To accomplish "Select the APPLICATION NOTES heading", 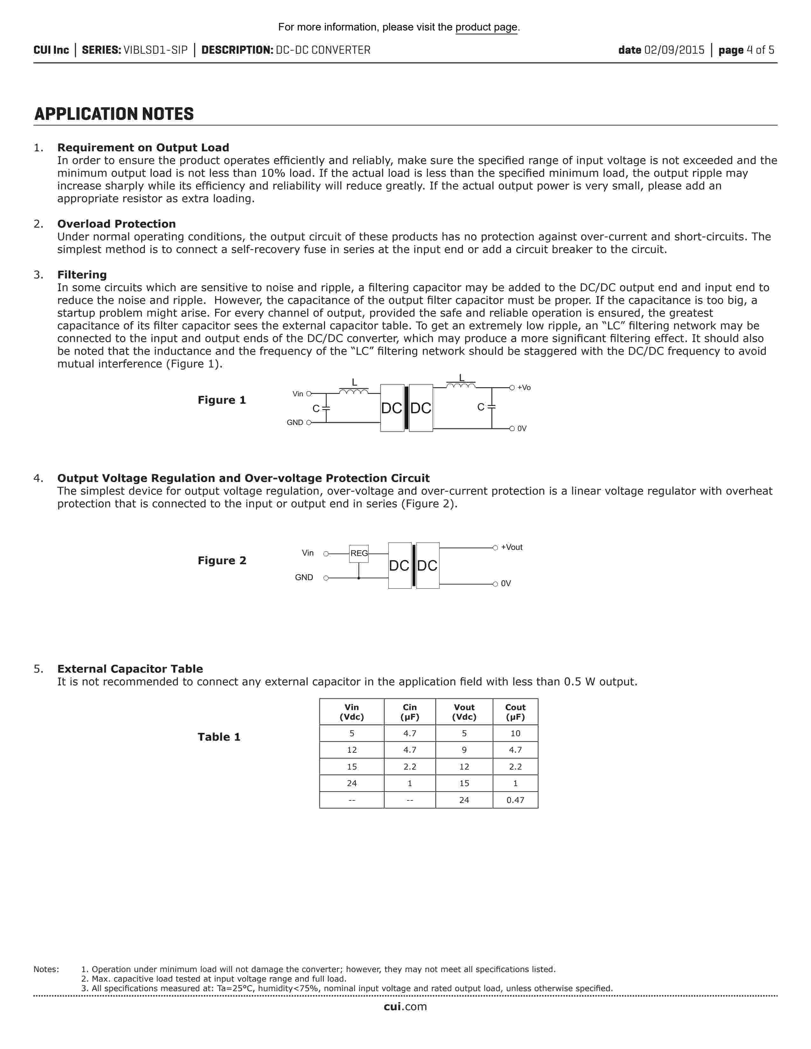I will (114, 114).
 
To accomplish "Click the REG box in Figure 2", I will (359, 553).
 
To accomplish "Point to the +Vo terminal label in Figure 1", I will (524, 387).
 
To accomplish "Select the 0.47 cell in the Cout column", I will (515, 800).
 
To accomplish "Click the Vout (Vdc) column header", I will (464, 712).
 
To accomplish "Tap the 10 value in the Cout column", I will (515, 733).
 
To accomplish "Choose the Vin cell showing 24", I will (352, 783).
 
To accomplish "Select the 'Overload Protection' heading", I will (116, 224).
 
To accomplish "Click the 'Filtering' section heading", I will (82, 275).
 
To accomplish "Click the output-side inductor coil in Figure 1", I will (461, 385).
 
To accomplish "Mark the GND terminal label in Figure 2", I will (304, 577).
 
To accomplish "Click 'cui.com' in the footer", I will (405, 1007).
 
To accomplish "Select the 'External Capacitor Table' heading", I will (130, 668).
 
